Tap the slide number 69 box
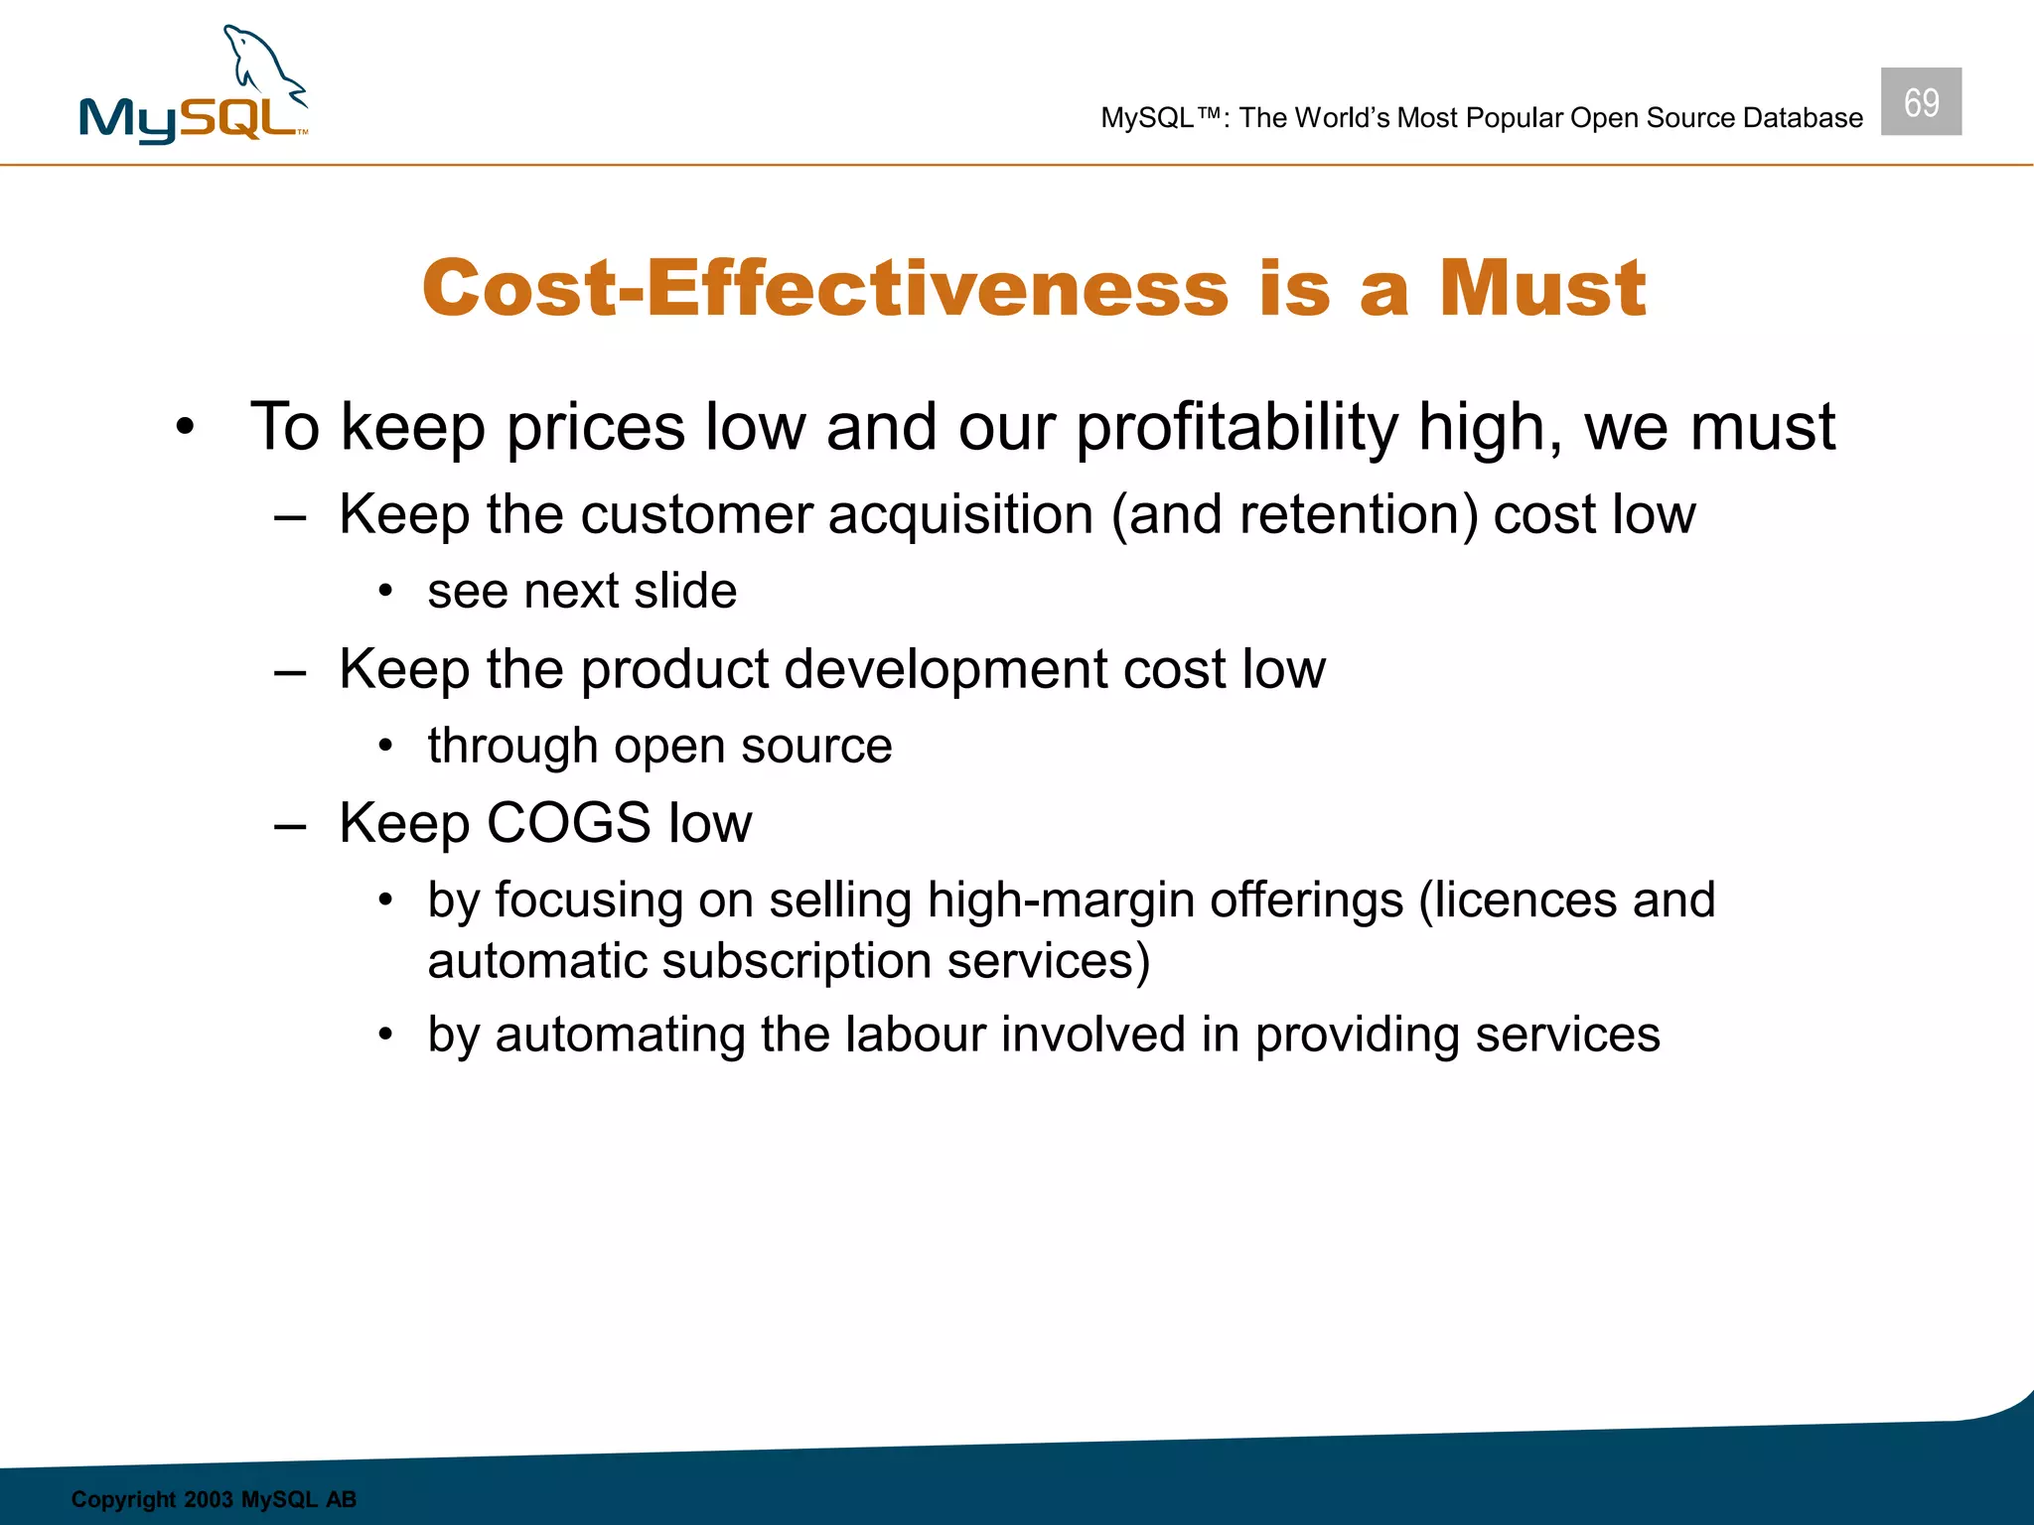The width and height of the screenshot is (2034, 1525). tap(1921, 102)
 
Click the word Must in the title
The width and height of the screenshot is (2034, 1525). tap(1542, 289)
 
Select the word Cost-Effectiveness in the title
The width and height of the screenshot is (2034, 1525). tap(825, 289)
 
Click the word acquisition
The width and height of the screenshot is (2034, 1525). tap(960, 515)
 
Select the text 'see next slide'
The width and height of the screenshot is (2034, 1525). tap(582, 592)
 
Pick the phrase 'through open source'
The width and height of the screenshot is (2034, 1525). tap(659, 746)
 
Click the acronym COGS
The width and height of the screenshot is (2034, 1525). tap(568, 823)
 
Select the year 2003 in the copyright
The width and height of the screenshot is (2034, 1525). tap(208, 1499)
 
